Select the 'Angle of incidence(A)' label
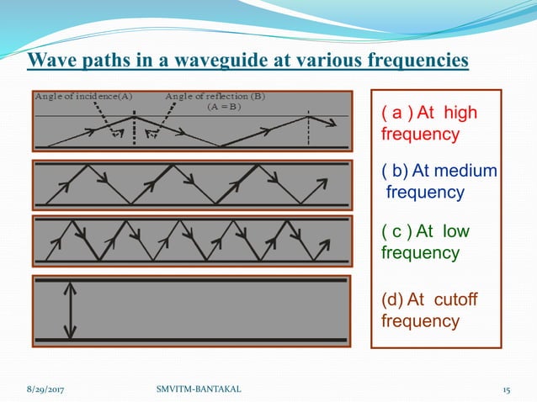point(83,96)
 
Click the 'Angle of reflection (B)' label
point(215,96)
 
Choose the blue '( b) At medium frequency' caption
point(437,182)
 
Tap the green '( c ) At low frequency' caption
point(424,241)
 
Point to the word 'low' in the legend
point(455,231)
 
